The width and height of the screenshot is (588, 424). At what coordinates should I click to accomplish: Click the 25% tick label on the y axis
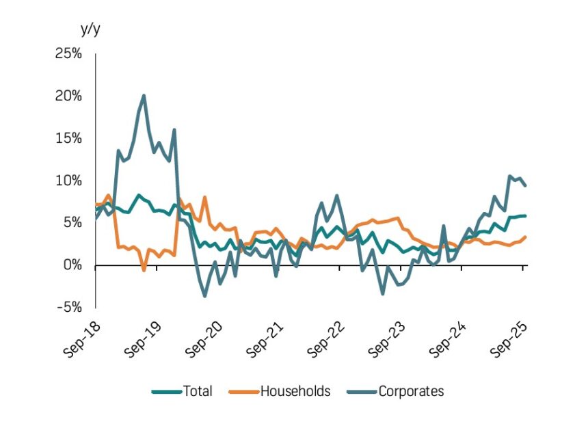click(68, 54)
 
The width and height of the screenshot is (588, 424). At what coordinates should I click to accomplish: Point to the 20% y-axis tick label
click(68, 96)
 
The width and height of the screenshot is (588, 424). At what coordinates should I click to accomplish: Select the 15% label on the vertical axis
click(68, 138)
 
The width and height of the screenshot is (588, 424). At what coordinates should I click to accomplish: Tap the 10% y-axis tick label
click(68, 181)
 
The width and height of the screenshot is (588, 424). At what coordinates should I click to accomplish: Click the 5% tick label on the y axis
click(72, 222)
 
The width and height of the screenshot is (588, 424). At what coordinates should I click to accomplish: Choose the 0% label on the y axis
click(72, 265)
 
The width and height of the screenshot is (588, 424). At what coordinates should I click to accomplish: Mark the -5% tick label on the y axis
click(70, 306)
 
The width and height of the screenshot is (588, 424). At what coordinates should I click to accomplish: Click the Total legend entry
click(197, 391)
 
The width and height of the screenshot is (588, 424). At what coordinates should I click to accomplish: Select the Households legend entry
click(295, 391)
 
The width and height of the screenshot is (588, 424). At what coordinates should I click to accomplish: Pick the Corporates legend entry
click(411, 391)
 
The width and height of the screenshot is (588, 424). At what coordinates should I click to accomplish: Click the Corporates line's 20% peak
click(144, 96)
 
